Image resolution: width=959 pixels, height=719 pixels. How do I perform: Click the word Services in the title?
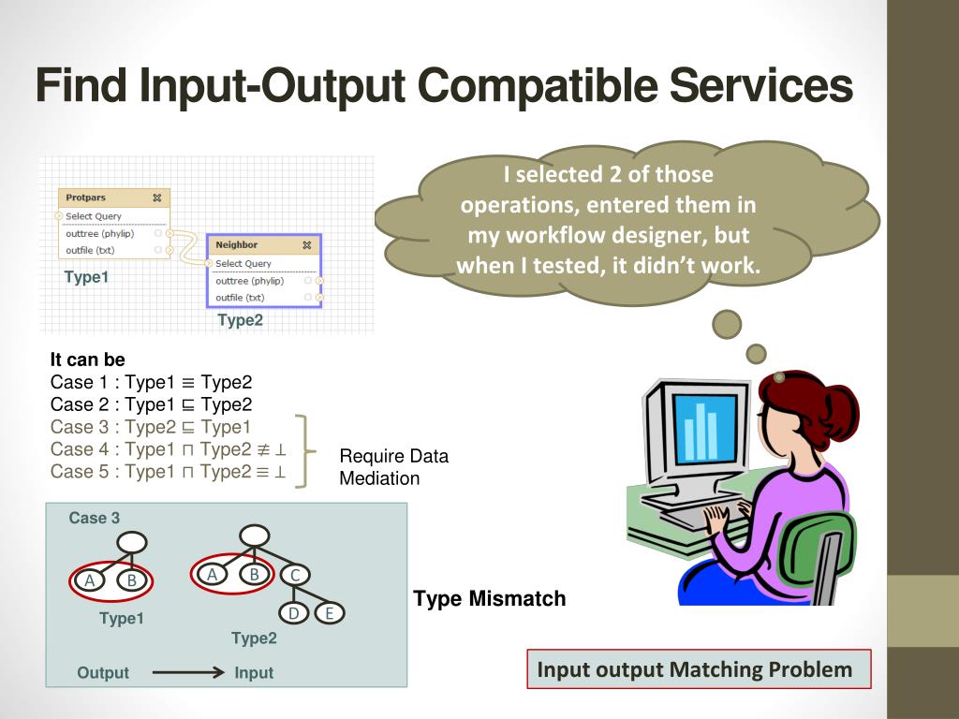coord(760,85)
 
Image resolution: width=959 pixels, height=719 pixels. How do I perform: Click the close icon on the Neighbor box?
coord(306,245)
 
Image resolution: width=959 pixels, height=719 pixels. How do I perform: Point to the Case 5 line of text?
coord(168,472)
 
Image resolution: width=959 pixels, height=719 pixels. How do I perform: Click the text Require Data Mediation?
coord(393,467)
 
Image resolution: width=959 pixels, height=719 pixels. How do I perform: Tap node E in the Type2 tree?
coord(329,613)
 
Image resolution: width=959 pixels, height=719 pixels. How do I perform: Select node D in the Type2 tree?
coord(293,613)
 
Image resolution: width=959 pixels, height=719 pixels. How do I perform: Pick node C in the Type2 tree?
coord(294,575)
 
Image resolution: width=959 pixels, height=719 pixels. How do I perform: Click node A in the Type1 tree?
coord(90,580)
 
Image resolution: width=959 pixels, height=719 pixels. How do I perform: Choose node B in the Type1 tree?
coord(132,580)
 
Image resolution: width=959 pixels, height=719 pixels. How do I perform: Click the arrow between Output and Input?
coord(187,672)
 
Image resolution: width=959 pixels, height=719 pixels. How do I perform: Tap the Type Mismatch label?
coord(490,598)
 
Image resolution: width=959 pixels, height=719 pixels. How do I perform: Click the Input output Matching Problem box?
coord(698,669)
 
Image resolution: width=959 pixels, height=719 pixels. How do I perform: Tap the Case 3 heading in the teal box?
coord(95,518)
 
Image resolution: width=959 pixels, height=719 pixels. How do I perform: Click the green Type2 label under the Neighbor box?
coord(241,320)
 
